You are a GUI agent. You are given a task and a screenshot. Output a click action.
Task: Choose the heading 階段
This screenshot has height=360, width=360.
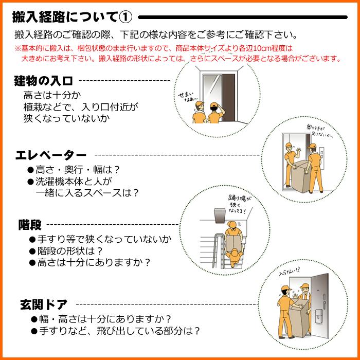click(x=30, y=225)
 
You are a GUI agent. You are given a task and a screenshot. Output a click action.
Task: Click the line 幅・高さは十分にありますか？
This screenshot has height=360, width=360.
click(x=104, y=319)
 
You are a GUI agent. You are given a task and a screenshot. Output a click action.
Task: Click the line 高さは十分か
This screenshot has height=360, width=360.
click(x=53, y=96)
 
